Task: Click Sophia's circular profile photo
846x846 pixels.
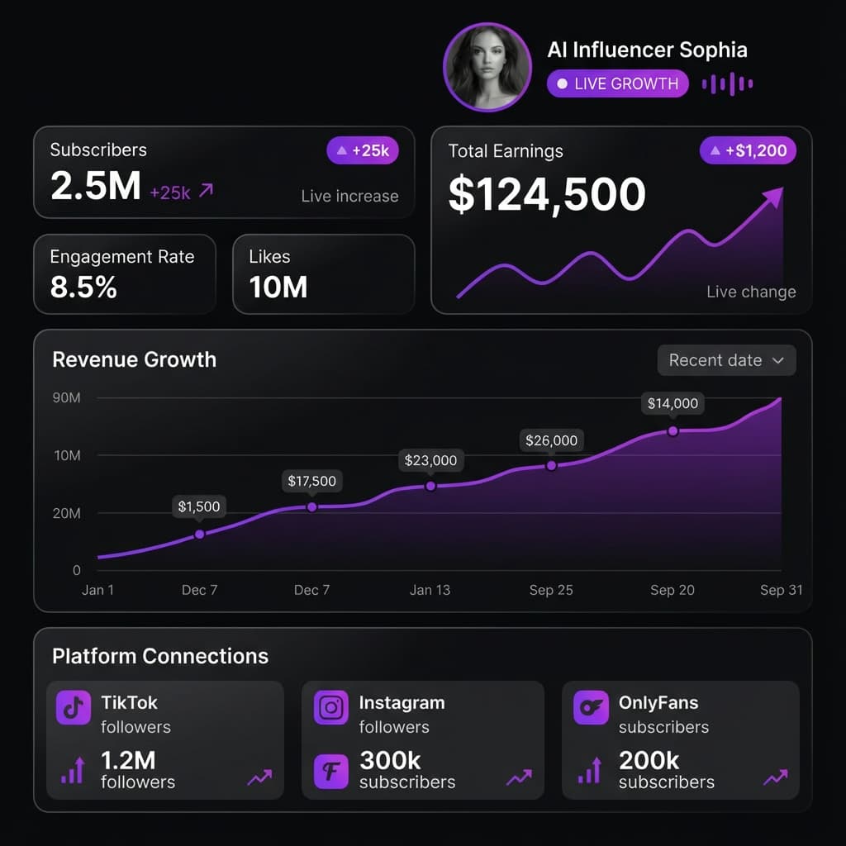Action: tap(487, 67)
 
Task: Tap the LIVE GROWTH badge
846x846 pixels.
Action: tap(617, 83)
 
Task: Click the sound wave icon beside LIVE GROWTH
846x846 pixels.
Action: tap(727, 83)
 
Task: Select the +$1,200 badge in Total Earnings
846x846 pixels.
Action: tap(748, 151)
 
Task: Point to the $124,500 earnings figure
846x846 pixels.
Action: tap(547, 195)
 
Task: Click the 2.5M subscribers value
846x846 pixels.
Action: tap(96, 186)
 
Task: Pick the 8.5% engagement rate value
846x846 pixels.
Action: tap(83, 288)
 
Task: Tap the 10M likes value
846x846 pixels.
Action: tap(278, 288)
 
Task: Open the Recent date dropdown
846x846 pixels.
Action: tap(726, 360)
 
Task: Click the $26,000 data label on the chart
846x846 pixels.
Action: tap(551, 440)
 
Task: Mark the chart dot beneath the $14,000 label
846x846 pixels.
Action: tap(673, 431)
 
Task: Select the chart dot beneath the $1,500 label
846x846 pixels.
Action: tap(199, 535)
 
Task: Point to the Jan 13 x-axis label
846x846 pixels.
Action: tap(430, 590)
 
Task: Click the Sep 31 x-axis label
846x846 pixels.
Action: tap(781, 590)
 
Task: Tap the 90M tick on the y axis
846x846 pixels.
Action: tap(67, 398)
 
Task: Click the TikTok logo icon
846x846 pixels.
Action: tap(74, 708)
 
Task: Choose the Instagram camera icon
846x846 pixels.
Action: tap(331, 708)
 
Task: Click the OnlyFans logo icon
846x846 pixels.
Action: tap(590, 708)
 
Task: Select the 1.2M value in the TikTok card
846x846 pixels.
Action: tap(128, 760)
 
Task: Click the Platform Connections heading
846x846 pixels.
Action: tap(160, 656)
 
